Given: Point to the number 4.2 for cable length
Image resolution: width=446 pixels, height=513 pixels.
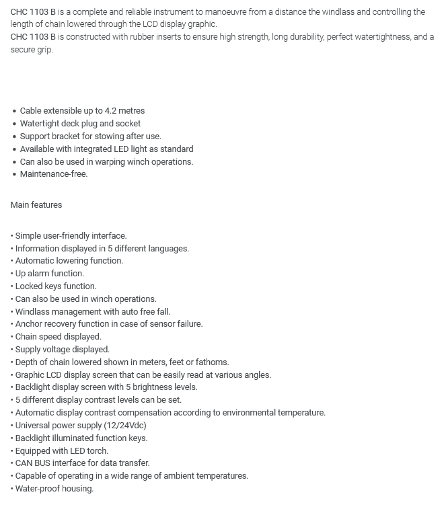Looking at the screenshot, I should point(111,111).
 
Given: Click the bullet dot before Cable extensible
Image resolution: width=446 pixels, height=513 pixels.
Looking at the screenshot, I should point(14,111).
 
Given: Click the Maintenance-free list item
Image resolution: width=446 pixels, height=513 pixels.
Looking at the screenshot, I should point(54,174).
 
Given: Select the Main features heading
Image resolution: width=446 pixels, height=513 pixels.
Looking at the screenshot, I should point(36,205).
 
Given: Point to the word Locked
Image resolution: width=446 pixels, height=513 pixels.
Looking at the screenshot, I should point(29,286).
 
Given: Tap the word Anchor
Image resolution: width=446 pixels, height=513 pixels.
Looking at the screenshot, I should point(29,324).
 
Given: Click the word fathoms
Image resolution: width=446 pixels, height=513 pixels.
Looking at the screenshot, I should point(211,362).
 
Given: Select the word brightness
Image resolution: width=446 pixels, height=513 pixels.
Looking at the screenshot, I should point(152,387).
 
